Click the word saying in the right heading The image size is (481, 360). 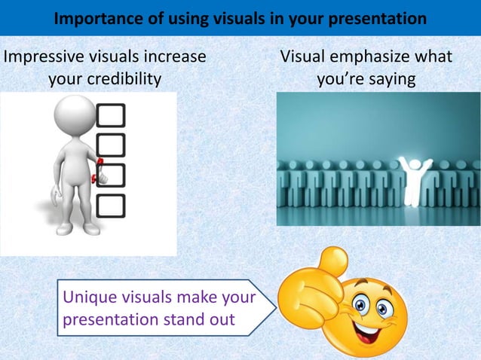click(x=384, y=79)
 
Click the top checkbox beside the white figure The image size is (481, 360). click(x=111, y=115)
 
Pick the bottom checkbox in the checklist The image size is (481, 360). click(x=111, y=205)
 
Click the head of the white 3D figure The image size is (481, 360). click(x=72, y=117)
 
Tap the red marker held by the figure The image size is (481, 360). click(x=96, y=172)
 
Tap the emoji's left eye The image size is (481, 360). click(x=360, y=305)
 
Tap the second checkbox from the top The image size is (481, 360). click(x=111, y=145)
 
